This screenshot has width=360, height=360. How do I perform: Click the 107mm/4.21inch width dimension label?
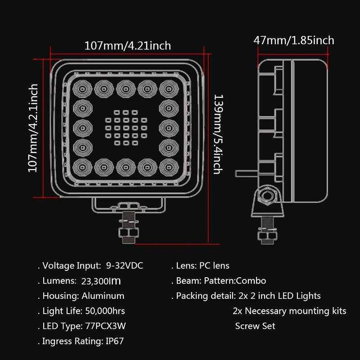click(x=127, y=46)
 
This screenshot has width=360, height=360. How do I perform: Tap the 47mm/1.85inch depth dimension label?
click(x=294, y=40)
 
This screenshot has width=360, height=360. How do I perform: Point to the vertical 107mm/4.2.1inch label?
click(x=33, y=127)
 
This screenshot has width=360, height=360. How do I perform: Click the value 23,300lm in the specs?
click(x=101, y=281)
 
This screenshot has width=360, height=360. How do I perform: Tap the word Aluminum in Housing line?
click(x=103, y=296)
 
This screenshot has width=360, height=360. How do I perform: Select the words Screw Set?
click(x=255, y=326)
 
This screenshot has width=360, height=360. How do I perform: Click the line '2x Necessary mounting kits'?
click(x=289, y=311)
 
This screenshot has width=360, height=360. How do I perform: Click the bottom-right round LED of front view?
click(x=169, y=167)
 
